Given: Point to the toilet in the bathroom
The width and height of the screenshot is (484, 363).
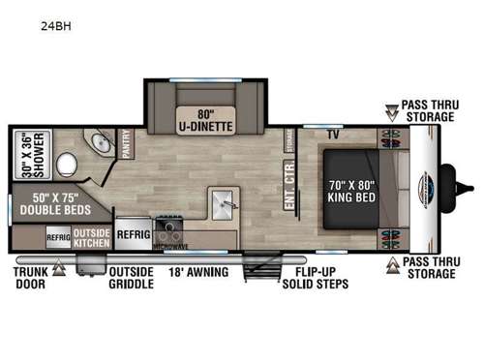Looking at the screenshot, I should pos(67,166).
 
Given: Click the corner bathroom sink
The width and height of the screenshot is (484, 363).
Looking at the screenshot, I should pos(98,145).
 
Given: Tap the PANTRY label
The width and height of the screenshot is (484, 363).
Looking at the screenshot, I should pos(127,146).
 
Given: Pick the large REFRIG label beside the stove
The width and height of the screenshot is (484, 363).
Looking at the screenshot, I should pos(134,234).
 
